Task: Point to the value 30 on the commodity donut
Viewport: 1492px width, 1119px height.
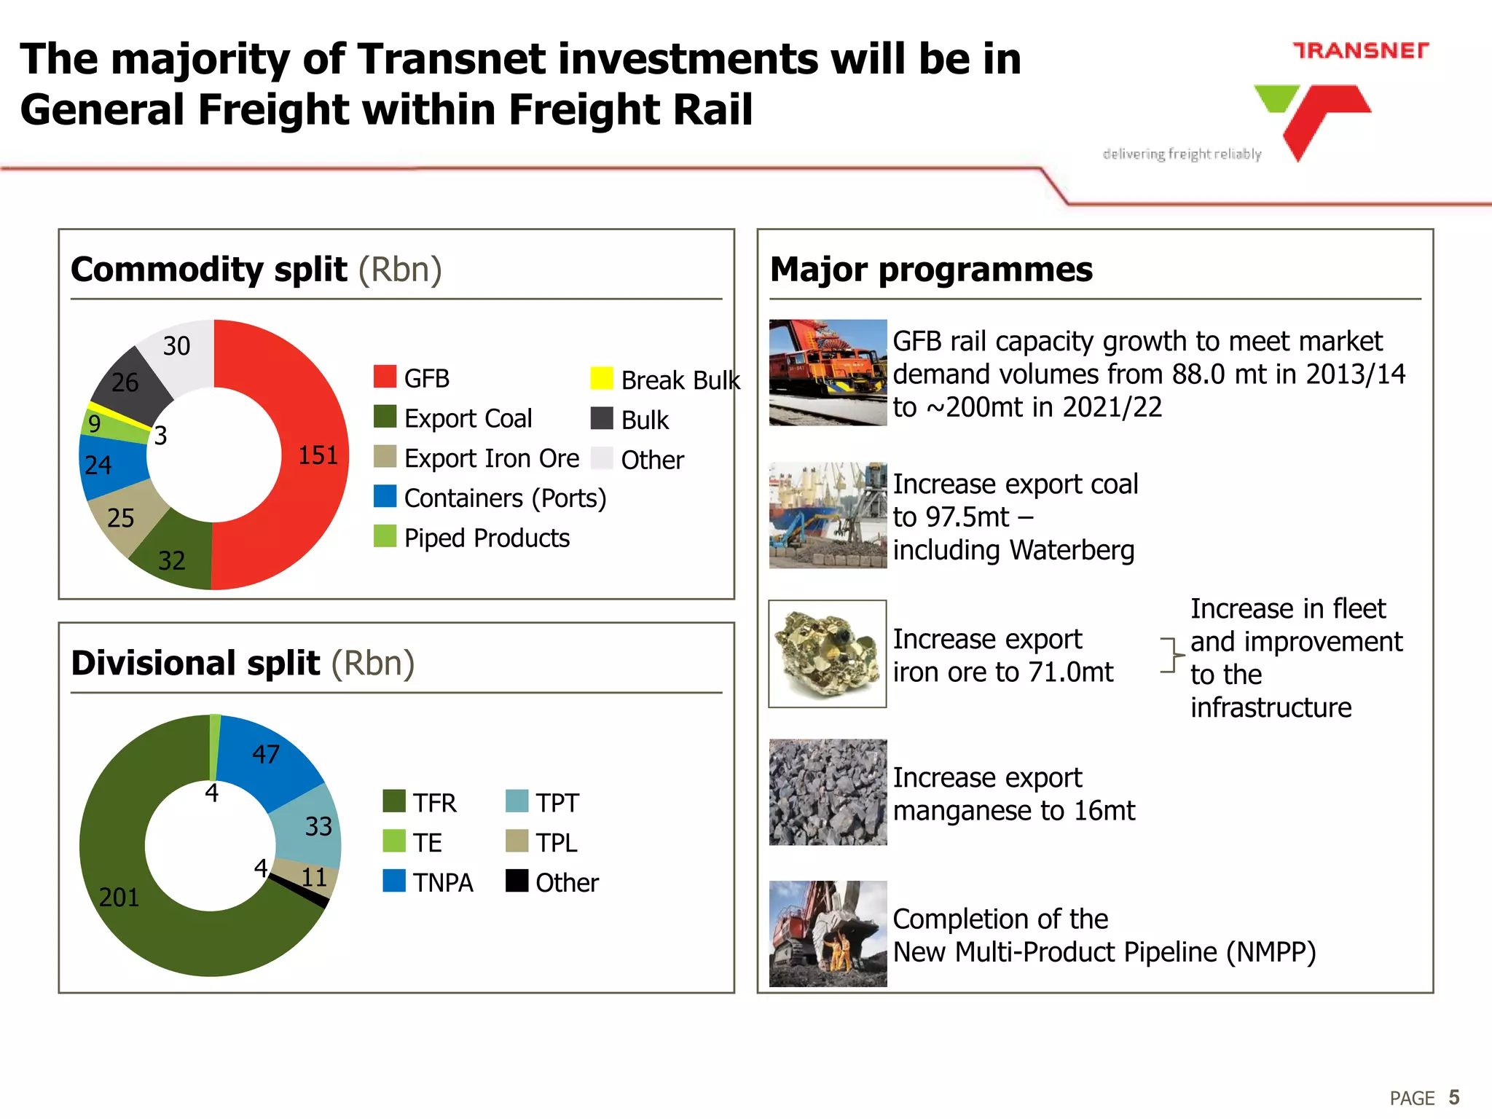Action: coord(176,346)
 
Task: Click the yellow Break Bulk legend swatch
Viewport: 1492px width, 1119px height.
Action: coord(602,378)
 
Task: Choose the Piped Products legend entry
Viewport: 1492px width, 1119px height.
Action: coord(487,538)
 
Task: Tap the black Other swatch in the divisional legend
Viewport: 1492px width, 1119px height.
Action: coord(517,881)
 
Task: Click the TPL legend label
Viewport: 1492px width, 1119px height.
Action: coord(557,842)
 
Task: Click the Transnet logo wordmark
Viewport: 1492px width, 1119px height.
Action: coord(1360,50)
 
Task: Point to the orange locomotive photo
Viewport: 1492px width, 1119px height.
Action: coord(828,372)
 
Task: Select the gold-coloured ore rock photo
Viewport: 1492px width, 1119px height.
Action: coord(828,653)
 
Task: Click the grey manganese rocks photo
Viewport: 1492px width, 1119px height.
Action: coord(828,792)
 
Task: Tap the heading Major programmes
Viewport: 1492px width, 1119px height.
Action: coord(931,270)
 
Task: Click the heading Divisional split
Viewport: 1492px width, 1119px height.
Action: coord(195,663)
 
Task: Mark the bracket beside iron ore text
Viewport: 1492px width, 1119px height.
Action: coord(1171,655)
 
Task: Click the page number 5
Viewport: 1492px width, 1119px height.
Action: coord(1454,1097)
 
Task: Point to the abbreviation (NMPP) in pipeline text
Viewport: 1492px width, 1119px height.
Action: coord(1271,952)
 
